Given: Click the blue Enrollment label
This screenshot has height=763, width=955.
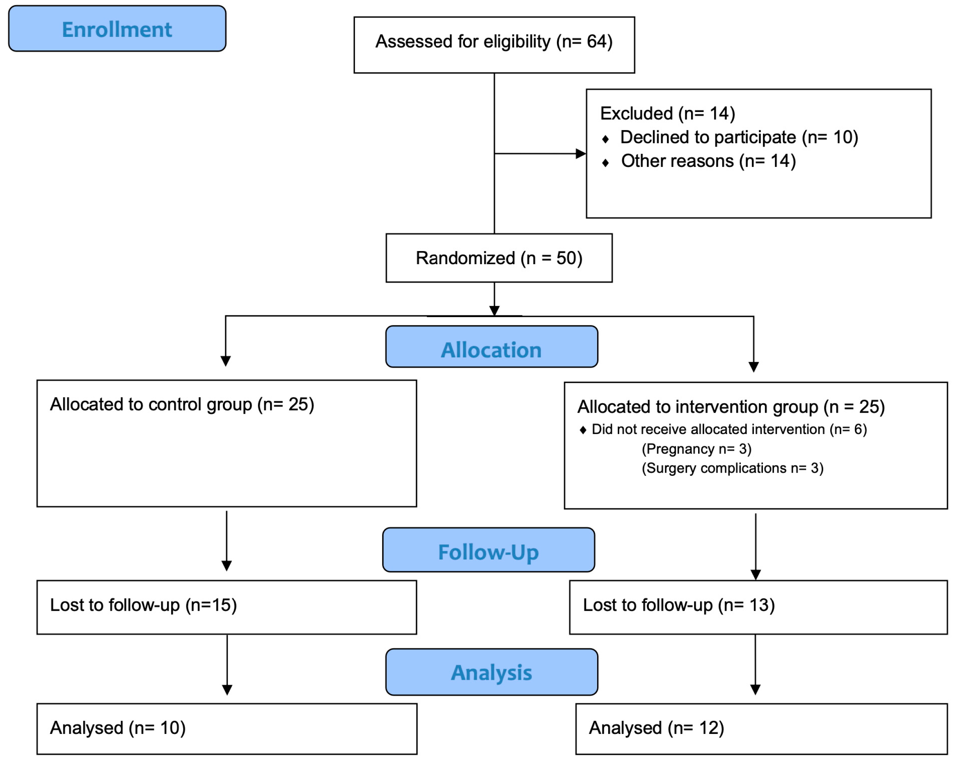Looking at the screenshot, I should coord(117,30).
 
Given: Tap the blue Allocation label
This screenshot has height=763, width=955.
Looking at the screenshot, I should coord(491,350).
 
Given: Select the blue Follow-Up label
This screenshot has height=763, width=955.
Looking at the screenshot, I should coord(488,552).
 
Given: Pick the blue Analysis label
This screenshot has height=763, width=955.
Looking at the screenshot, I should coord(491,673).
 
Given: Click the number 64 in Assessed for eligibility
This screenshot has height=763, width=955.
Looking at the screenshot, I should coord(596,41).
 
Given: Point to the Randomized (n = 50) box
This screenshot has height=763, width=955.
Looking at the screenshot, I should coord(499,258).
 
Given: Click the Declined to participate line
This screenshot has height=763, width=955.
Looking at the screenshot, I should coord(738,137).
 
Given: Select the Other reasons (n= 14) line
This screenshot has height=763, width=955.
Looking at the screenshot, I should coord(708,161).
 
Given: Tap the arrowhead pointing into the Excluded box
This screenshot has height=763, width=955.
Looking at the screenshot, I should coord(580,154).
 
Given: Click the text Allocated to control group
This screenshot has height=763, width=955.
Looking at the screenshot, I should coord(151,404).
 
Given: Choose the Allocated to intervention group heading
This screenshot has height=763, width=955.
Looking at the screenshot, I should coord(731,407).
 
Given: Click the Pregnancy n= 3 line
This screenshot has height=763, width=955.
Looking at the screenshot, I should coord(696,449).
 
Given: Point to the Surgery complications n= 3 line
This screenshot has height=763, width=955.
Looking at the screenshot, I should coord(732,468).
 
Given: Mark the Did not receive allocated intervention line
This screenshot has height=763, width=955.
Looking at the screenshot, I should coord(728,429).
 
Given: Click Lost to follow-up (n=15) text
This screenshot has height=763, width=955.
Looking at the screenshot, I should coord(143,605).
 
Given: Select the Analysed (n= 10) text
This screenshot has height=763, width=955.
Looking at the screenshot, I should coord(117,728).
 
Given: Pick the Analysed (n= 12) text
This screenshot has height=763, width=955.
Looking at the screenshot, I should coord(656,728).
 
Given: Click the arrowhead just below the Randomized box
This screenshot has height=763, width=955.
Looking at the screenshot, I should coord(495,311).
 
